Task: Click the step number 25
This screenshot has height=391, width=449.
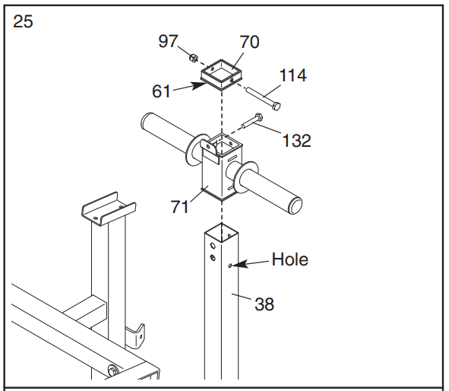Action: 24,21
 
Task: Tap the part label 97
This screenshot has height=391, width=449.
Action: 168,41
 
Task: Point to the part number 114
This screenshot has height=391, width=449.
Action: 294,75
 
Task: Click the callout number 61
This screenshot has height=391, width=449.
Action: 162,91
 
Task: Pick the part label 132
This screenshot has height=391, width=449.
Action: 296,140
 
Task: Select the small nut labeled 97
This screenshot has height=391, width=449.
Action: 193,57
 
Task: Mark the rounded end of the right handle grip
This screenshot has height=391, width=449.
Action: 296,206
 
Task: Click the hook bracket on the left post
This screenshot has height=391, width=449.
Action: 136,333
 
